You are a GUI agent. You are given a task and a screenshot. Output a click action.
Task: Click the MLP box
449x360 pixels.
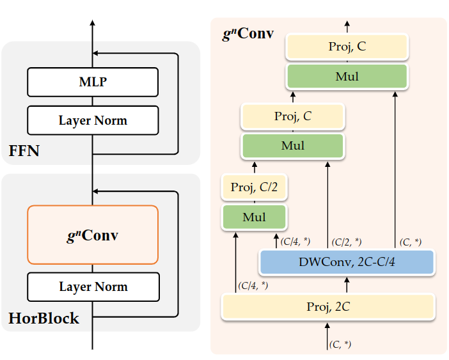point(93,81)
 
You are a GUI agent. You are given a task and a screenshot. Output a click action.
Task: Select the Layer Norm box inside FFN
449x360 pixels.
point(93,120)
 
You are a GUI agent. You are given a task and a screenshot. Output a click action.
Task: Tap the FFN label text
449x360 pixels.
point(25,152)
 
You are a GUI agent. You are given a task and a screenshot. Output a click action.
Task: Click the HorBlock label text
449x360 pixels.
point(43,318)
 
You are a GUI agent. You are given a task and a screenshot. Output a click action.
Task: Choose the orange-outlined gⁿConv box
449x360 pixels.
point(93,235)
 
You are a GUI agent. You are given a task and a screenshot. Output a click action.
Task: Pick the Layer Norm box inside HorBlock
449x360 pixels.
point(93,286)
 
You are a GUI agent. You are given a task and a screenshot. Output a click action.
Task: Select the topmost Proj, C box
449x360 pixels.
point(347,46)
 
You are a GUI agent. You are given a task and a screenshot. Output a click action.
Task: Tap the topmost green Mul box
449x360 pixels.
point(347,77)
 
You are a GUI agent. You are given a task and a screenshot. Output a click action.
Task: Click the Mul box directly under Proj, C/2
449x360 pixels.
point(254,217)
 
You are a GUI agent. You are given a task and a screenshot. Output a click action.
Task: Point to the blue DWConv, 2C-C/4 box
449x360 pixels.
point(347,261)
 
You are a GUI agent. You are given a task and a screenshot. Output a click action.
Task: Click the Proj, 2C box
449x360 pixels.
point(328,307)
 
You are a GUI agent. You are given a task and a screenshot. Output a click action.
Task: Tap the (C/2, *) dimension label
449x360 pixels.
point(346,242)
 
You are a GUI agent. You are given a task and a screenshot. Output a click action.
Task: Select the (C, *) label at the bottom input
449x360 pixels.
point(340,345)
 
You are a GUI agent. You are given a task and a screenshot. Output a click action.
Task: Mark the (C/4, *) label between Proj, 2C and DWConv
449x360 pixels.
point(253,285)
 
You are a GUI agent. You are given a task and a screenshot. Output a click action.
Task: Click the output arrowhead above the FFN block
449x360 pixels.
point(93,23)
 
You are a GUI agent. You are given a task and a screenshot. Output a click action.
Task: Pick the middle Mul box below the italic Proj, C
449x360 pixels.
point(293,146)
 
